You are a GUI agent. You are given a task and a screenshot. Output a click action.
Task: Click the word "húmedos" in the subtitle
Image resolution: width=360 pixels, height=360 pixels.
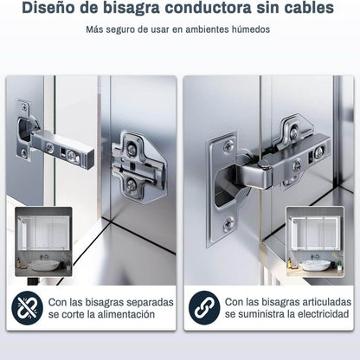coord(247,29)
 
